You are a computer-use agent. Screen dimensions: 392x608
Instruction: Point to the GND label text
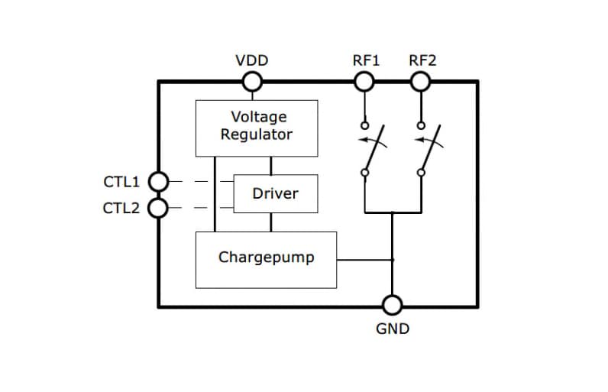pos(393,329)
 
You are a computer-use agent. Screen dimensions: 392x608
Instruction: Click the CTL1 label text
pos(121,182)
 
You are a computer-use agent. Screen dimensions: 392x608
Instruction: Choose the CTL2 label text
pos(121,208)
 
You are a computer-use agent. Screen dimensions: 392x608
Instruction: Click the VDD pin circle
pos(252,81)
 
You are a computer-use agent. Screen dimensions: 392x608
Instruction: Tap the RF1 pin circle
pos(365,81)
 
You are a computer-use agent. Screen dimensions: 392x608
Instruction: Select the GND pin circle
pos(392,306)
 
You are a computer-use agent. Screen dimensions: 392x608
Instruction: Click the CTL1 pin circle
pos(157,182)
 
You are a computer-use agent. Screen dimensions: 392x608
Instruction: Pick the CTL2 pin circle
pos(157,208)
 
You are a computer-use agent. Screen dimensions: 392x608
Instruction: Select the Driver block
pos(275,193)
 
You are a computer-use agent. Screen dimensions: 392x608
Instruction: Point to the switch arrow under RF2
pos(430,141)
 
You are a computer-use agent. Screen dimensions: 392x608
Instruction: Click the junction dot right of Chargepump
pos(392,260)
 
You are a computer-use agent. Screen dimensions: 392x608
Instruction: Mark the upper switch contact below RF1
pos(365,126)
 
